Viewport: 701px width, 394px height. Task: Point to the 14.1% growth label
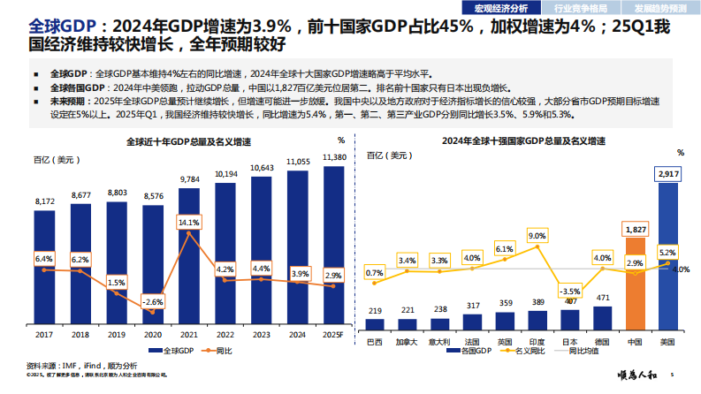click(189, 223)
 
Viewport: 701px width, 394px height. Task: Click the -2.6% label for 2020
click(153, 302)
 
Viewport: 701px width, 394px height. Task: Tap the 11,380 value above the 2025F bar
click(334, 157)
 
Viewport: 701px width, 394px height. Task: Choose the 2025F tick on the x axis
click(333, 335)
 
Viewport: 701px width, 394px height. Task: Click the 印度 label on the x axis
click(537, 341)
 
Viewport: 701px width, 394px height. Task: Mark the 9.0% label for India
click(537, 236)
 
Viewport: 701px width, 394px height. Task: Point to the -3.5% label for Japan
click(570, 292)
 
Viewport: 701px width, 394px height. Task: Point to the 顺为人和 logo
click(633, 375)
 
